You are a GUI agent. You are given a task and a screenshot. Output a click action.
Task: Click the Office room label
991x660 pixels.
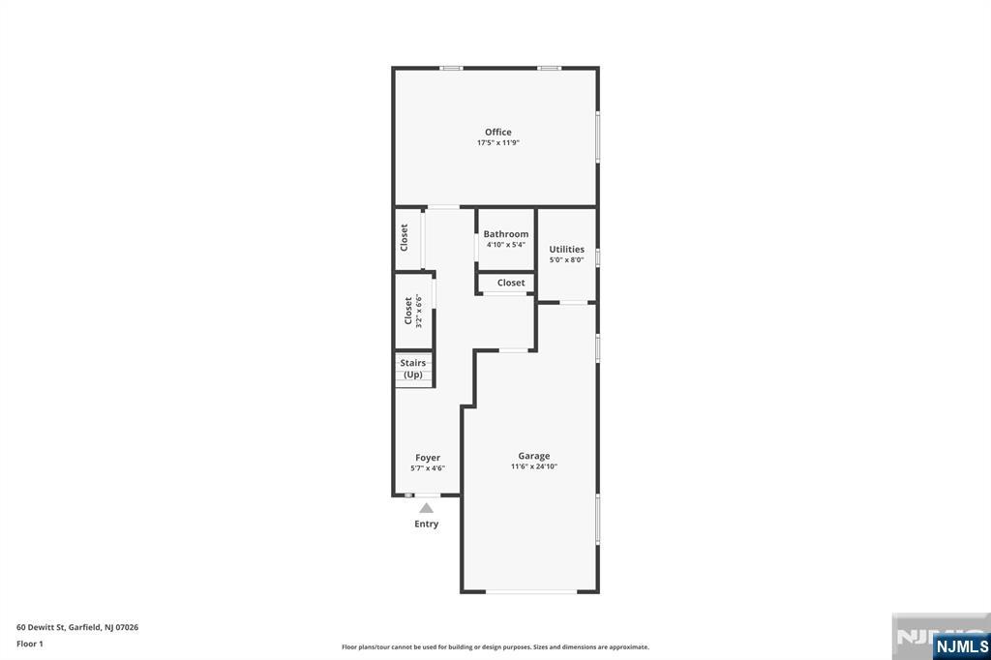pyautogui.click(x=498, y=133)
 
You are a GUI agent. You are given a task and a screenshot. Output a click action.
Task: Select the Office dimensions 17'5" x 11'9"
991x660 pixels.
pyautogui.click(x=498, y=143)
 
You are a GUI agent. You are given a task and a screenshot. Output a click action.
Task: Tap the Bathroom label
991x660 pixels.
pyautogui.click(x=506, y=234)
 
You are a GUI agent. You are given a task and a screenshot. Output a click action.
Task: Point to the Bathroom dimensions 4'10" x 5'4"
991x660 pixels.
pyautogui.click(x=506, y=245)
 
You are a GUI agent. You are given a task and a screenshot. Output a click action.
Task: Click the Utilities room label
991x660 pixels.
pyautogui.click(x=566, y=250)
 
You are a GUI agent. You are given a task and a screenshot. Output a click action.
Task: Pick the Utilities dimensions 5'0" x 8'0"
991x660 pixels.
pyautogui.click(x=566, y=260)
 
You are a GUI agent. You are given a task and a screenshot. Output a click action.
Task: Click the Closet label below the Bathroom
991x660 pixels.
pyautogui.click(x=511, y=284)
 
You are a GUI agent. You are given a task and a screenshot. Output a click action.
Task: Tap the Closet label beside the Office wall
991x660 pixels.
pyautogui.click(x=405, y=237)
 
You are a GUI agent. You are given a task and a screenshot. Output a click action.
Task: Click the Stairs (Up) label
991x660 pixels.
pyautogui.click(x=413, y=369)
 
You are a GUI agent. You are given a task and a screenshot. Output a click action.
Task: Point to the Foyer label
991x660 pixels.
pyautogui.click(x=428, y=458)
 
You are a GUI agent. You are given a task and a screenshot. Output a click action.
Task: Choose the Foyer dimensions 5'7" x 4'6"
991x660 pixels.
pyautogui.click(x=428, y=468)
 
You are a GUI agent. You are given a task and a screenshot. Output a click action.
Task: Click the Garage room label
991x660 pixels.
pyautogui.click(x=533, y=456)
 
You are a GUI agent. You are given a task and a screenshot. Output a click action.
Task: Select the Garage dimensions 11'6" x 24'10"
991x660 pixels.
pyautogui.click(x=533, y=466)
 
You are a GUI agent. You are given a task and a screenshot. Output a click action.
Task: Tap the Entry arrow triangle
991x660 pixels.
pyautogui.click(x=426, y=508)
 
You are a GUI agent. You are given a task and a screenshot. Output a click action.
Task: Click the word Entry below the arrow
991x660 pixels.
pyautogui.click(x=426, y=525)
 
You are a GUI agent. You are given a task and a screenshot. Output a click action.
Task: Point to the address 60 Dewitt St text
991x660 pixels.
pyautogui.click(x=77, y=627)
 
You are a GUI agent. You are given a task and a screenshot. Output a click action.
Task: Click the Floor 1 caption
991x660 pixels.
pyautogui.click(x=30, y=644)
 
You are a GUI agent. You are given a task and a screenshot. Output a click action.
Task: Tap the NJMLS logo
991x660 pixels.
pyautogui.click(x=961, y=645)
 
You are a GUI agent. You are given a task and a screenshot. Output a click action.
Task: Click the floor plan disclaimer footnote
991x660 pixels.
pyautogui.click(x=495, y=647)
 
